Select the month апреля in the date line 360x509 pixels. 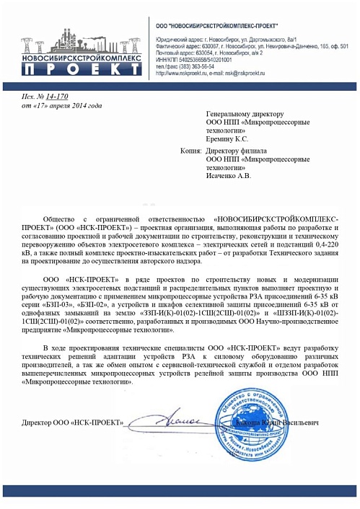tap(69, 105)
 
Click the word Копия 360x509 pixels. tap(190, 151)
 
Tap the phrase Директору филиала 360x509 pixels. tap(237, 151)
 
